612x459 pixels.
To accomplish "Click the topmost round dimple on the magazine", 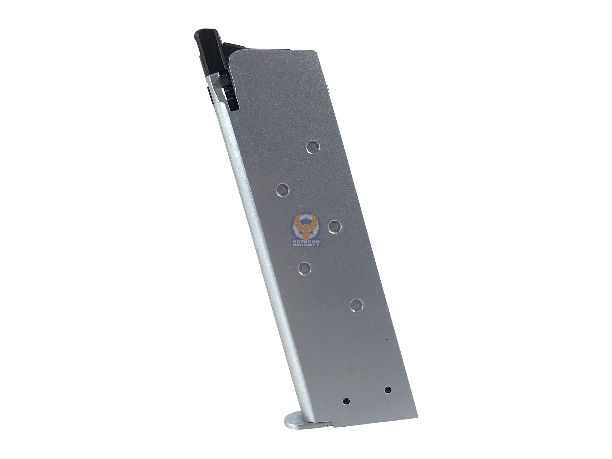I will click(x=313, y=147).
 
